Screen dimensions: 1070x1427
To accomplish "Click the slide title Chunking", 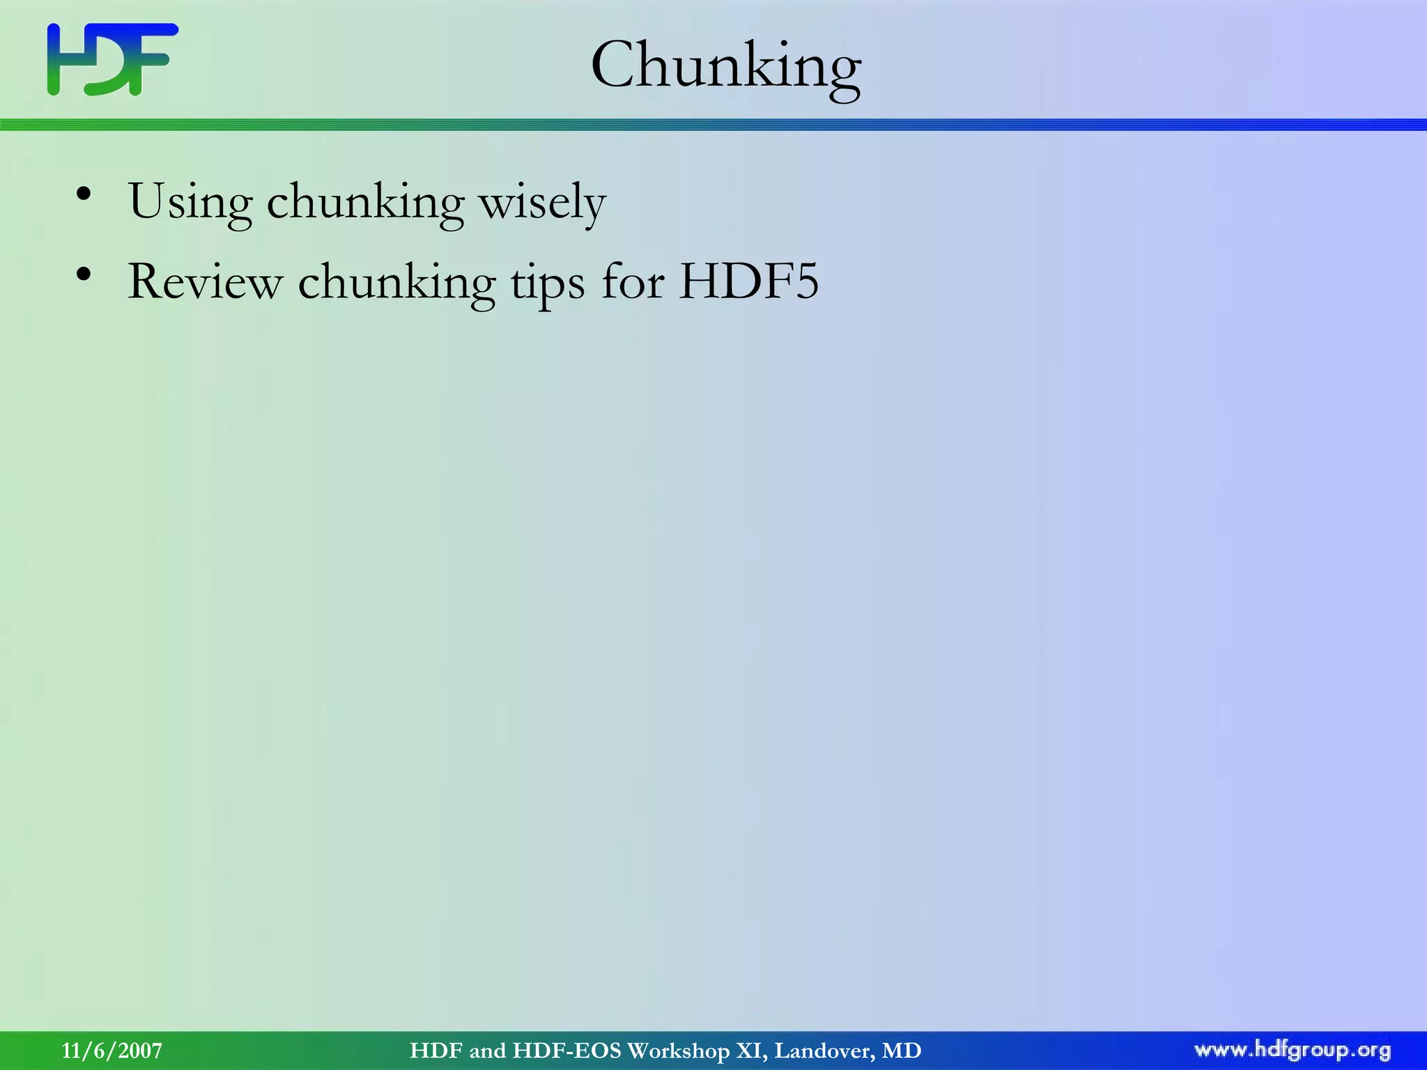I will pos(725,65).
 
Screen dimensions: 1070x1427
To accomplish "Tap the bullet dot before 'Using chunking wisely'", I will pos(84,194).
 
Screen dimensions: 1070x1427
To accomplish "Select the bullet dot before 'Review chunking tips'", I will pos(84,274).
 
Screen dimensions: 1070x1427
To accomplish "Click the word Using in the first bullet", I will pos(190,203).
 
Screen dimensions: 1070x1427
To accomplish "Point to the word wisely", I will pos(542,203).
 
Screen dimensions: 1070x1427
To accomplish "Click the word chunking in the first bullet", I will pos(365,203).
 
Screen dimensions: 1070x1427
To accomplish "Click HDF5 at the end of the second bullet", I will pos(749,282).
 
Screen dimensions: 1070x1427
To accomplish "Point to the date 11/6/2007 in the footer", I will pos(112,1050).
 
